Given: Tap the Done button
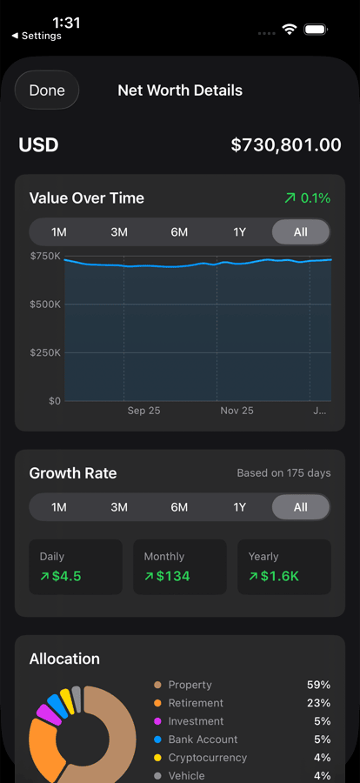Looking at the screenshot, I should click(47, 90).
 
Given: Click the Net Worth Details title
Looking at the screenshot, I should click(180, 90).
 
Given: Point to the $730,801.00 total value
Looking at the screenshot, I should click(286, 145).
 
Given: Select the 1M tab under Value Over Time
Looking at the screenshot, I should click(59, 232).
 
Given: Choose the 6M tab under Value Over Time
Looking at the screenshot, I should click(179, 232).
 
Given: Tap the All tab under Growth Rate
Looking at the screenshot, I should click(300, 507).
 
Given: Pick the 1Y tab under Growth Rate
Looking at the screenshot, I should click(240, 507).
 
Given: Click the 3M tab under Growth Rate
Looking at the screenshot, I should click(119, 507).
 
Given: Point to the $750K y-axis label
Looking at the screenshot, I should click(45, 257).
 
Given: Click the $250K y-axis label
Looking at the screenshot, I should click(45, 352).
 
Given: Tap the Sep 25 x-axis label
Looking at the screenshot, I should click(143, 411).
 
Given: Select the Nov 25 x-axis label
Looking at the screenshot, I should click(237, 411).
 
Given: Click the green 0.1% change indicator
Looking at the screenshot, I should click(308, 198).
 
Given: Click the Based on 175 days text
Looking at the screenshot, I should click(283, 473).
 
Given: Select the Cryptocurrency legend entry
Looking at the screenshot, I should click(207, 758).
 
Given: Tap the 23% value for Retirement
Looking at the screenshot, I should click(318, 703).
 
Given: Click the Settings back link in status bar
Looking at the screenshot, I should click(37, 37).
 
